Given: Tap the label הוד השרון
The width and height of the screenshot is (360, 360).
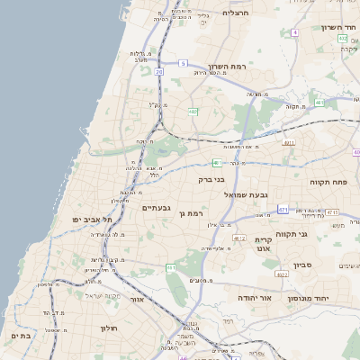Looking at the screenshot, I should click(x=338, y=27).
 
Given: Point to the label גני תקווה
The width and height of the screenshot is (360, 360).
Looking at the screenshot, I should click(x=320, y=234).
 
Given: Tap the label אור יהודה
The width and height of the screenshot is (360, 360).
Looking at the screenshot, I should click(x=237, y=296).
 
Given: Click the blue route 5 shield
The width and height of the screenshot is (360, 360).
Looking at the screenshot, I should click(x=183, y=63).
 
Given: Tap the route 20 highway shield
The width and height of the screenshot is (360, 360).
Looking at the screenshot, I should click(x=159, y=71).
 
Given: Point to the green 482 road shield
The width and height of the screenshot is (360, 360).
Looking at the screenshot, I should click(x=193, y=112).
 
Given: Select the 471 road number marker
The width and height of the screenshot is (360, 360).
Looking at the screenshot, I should click(x=283, y=209).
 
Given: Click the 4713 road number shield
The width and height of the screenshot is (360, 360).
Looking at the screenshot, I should click(x=332, y=211).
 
